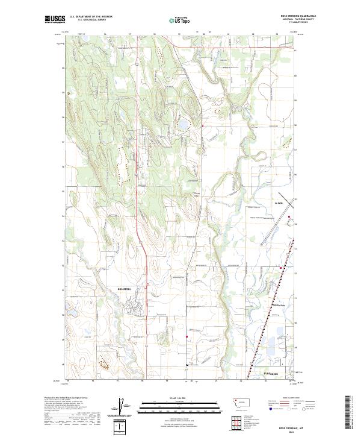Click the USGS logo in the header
pos(55,19)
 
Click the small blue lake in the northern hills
pos(181,126)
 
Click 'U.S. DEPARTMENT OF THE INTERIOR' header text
pos(91,17)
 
